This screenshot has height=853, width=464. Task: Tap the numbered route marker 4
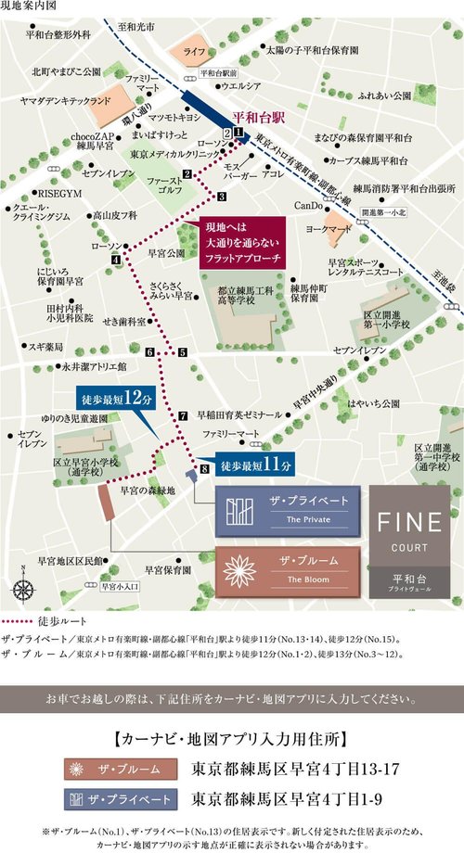116,261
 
